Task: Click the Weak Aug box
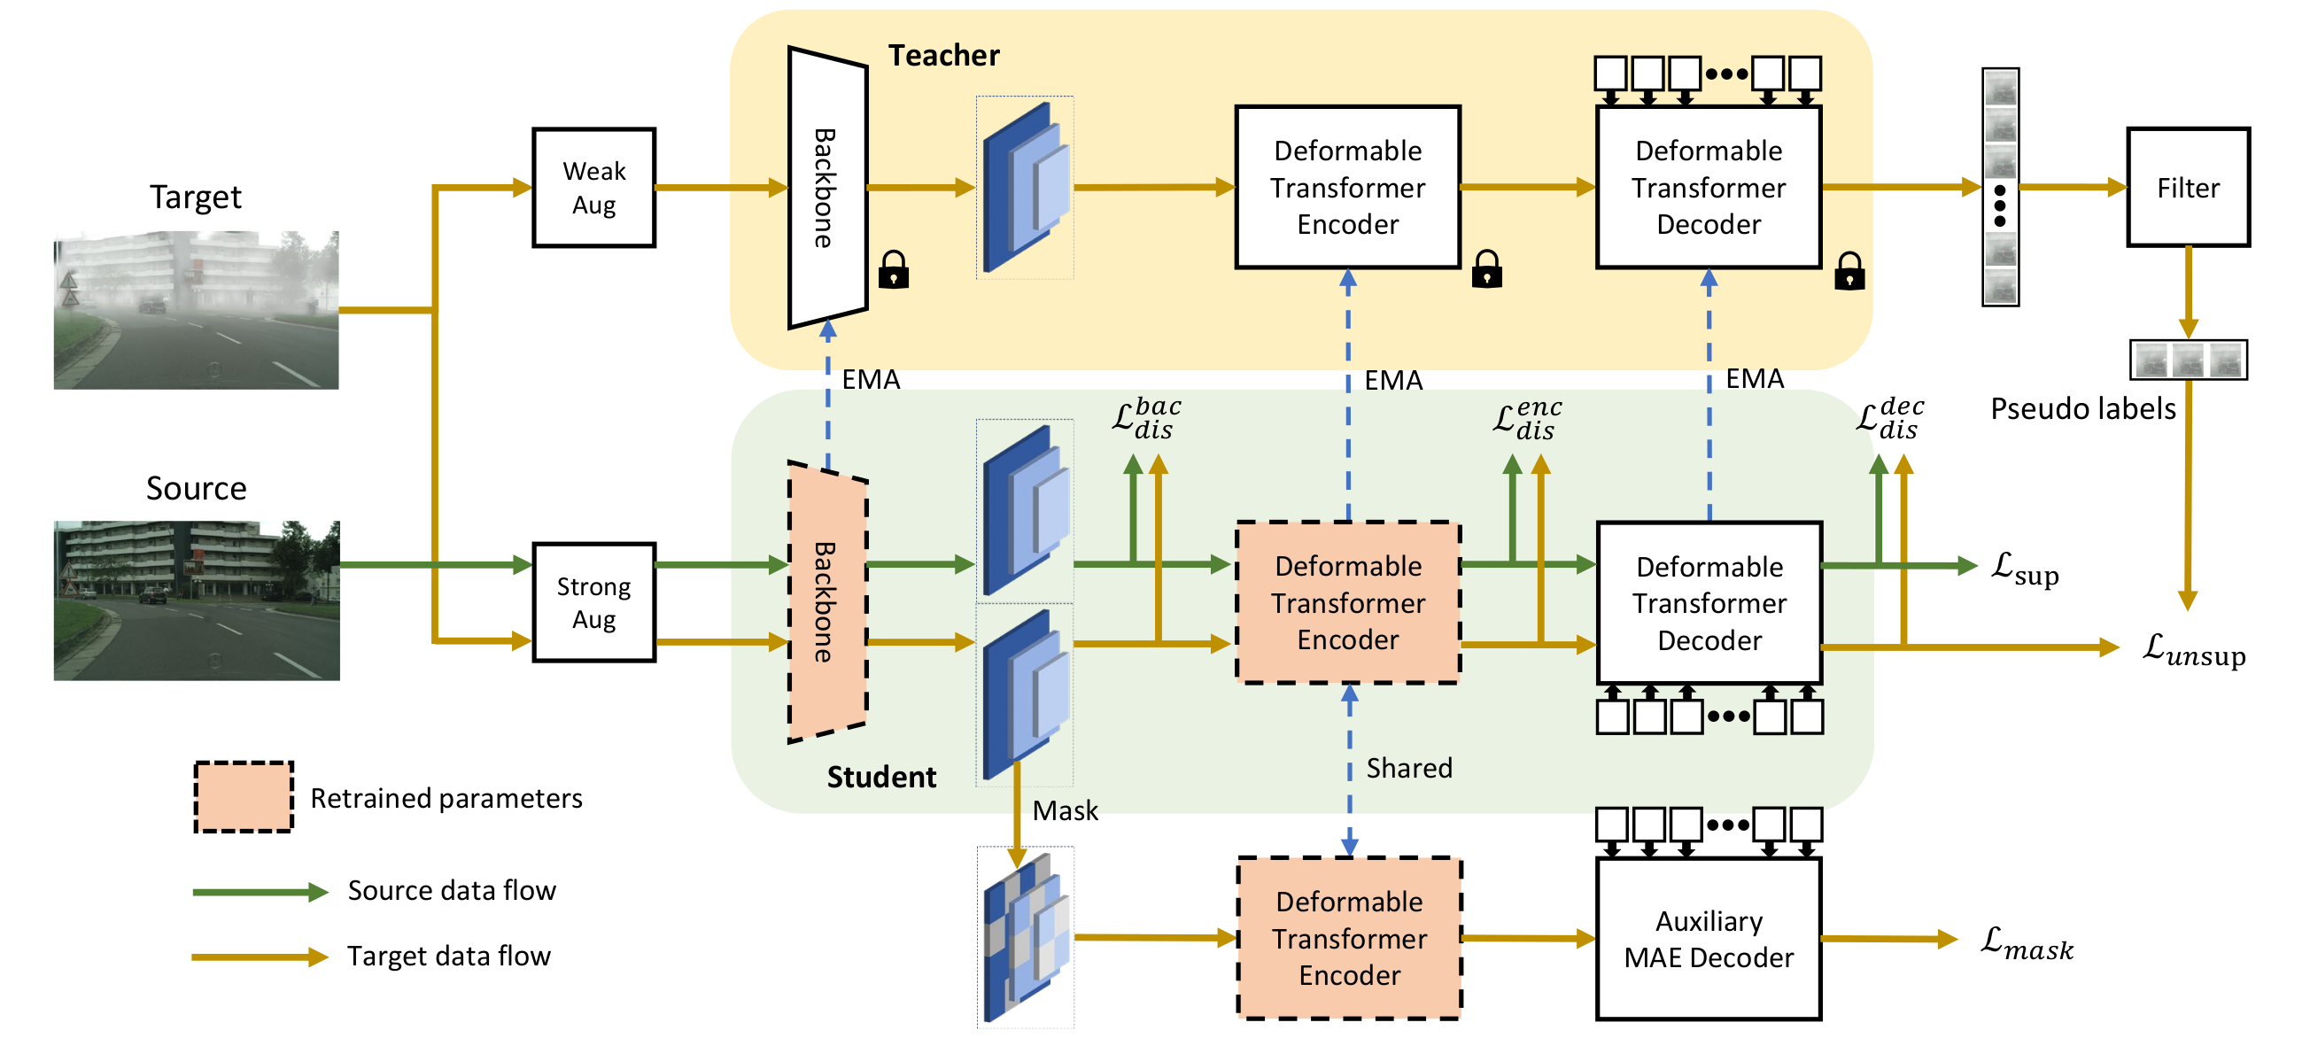(x=593, y=188)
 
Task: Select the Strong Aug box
(x=593, y=602)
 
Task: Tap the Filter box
(x=2188, y=188)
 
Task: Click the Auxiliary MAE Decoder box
(x=1709, y=939)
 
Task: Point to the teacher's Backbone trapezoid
(x=826, y=188)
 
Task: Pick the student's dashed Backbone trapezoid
(x=826, y=602)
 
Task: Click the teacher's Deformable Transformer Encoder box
(x=1348, y=188)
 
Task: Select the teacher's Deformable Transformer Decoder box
(x=1709, y=188)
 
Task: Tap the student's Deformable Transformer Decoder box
(x=1709, y=602)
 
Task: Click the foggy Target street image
(x=197, y=309)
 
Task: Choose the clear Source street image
(x=197, y=600)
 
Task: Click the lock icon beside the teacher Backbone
(x=893, y=269)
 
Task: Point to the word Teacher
(x=943, y=56)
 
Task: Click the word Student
(x=881, y=776)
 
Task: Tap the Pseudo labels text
(x=2082, y=409)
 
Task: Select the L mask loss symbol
(x=2027, y=943)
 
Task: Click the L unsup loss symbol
(x=2193, y=649)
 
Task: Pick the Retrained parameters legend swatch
(x=244, y=797)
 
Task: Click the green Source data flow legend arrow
(x=260, y=892)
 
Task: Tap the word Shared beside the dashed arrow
(x=1409, y=768)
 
